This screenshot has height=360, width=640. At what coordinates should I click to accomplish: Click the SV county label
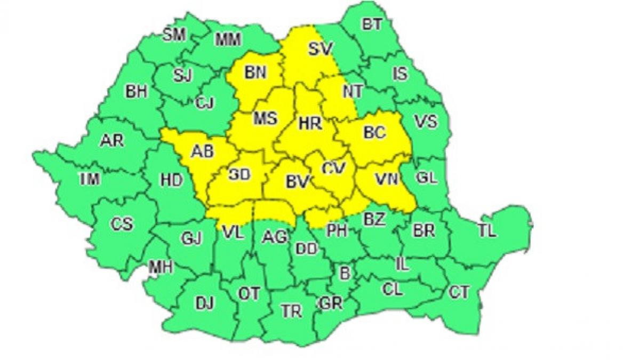pyautogui.click(x=321, y=49)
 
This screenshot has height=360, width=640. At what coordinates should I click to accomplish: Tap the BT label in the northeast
pyautogui.click(x=372, y=25)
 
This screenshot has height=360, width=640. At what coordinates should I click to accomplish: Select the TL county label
pyautogui.click(x=486, y=230)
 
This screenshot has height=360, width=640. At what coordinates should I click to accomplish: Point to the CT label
pyautogui.click(x=459, y=292)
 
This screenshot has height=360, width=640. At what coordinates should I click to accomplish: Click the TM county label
pyautogui.click(x=89, y=180)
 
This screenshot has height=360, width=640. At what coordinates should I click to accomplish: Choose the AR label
pyautogui.click(x=111, y=141)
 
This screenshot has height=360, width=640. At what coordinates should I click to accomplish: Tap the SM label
pyautogui.click(x=174, y=35)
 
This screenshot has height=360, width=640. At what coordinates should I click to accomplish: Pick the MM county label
pyautogui.click(x=228, y=39)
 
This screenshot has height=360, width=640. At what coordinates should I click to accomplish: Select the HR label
pyautogui.click(x=310, y=124)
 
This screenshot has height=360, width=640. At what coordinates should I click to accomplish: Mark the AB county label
pyautogui.click(x=202, y=151)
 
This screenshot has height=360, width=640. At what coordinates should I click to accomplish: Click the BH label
pyautogui.click(x=136, y=92)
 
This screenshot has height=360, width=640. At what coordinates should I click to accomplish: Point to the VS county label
pyautogui.click(x=426, y=122)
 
